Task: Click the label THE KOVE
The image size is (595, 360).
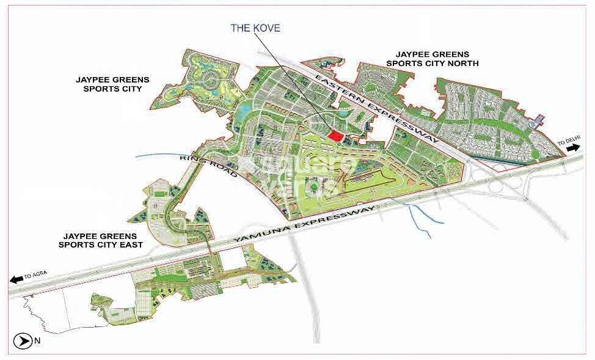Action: coord(255,28)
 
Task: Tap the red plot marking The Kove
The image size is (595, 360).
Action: coord(334,136)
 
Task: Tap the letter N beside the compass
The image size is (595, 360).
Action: coord(37,341)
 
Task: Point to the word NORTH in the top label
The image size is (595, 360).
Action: coord(463,63)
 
